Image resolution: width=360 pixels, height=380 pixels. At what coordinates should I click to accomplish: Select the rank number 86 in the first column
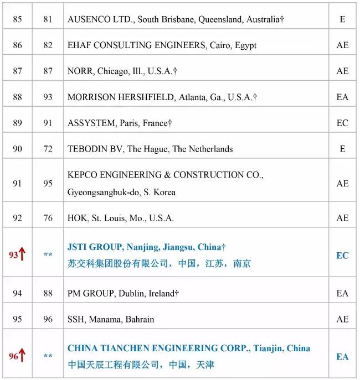coord(17,45)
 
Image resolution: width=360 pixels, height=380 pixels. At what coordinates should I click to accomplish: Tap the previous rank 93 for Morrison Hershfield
coord(48,97)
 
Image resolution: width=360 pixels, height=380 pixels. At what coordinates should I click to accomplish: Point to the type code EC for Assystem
coord(342,123)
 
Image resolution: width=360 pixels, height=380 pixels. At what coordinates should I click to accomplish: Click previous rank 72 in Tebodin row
coord(48,149)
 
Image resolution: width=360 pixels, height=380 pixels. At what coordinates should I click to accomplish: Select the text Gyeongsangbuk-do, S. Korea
coord(121,192)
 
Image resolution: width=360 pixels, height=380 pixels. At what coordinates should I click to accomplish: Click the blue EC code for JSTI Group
coord(342,256)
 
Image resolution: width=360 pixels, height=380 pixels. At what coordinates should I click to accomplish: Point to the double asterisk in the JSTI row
coord(48,256)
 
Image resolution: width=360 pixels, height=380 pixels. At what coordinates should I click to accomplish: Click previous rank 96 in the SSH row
coord(48,319)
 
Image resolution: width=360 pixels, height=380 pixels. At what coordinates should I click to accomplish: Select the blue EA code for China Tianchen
coord(342,357)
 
